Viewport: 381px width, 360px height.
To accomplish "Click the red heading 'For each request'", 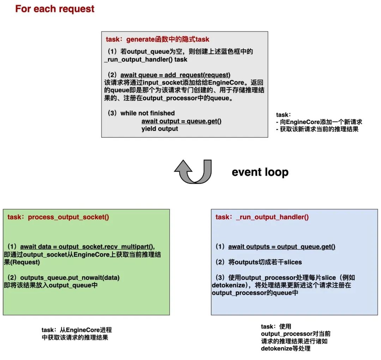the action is (x=55, y=9).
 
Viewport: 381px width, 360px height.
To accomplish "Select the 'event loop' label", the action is (x=260, y=172).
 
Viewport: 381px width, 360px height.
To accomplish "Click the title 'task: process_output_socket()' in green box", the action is (x=58, y=217).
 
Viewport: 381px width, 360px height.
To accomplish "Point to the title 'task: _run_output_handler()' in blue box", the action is (x=262, y=217).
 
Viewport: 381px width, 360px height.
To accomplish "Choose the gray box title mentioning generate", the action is (x=157, y=39).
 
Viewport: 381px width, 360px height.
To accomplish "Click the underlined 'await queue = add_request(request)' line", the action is (x=175, y=75).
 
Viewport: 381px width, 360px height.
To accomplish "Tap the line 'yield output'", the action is (x=160, y=129).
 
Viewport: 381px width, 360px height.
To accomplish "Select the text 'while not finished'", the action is (x=147, y=113).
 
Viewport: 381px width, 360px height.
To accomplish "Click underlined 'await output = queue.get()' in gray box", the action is (x=181, y=121).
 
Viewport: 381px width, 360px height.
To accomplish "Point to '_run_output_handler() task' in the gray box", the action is (x=146, y=60).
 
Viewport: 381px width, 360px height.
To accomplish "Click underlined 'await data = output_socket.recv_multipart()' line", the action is (x=87, y=246).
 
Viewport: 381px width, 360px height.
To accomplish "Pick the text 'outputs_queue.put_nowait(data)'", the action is (x=70, y=277).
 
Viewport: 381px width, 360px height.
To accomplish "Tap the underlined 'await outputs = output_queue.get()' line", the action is (x=282, y=246).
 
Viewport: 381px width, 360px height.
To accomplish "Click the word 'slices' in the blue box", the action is (x=293, y=262).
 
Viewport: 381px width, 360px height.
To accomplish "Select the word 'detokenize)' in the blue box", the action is (x=229, y=285).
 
